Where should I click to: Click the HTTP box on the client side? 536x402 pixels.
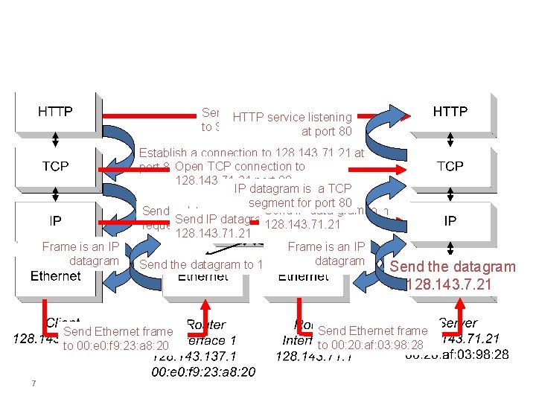[56, 112]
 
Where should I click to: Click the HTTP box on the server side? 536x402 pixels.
[450, 112]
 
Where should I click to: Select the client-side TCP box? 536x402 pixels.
[56, 166]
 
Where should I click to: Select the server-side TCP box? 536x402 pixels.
[450, 166]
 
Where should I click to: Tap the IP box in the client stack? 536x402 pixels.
[56, 220]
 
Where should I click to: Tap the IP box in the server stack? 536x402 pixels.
[450, 220]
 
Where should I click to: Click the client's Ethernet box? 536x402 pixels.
[56, 276]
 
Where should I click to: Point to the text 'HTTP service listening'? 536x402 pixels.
[292, 117]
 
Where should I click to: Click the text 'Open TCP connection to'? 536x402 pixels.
[240, 167]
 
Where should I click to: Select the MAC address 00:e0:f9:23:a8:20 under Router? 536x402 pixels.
[203, 371]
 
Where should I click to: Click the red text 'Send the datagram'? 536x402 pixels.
[453, 267]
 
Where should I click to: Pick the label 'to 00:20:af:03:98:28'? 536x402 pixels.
[370, 345]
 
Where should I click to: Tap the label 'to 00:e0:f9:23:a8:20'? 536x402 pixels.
[116, 345]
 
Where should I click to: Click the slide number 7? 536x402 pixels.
[33, 383]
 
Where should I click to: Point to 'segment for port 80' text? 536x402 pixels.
[300, 203]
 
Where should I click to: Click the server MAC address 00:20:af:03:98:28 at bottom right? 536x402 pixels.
[457, 354]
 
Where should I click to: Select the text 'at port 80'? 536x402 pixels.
[326, 132]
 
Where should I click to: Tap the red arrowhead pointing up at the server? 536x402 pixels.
[461, 305]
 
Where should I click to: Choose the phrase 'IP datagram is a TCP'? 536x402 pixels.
[293, 189]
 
